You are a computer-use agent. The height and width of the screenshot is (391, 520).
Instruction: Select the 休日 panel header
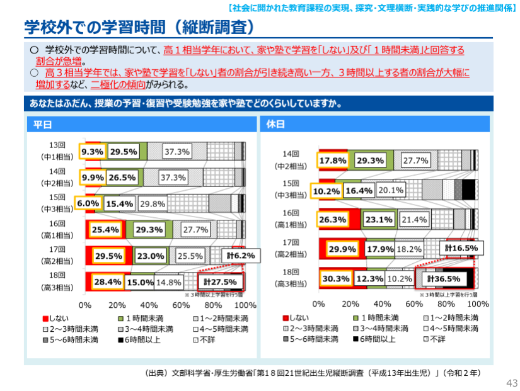[275, 124]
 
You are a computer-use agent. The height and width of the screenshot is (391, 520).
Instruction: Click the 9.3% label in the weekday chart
[92, 152]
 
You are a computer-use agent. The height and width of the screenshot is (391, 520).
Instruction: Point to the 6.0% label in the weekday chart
[89, 203]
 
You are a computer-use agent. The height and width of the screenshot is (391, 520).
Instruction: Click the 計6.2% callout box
[241, 256]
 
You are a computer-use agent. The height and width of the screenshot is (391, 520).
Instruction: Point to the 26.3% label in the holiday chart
[333, 219]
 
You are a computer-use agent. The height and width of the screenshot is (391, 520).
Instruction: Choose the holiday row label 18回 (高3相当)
[291, 278]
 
